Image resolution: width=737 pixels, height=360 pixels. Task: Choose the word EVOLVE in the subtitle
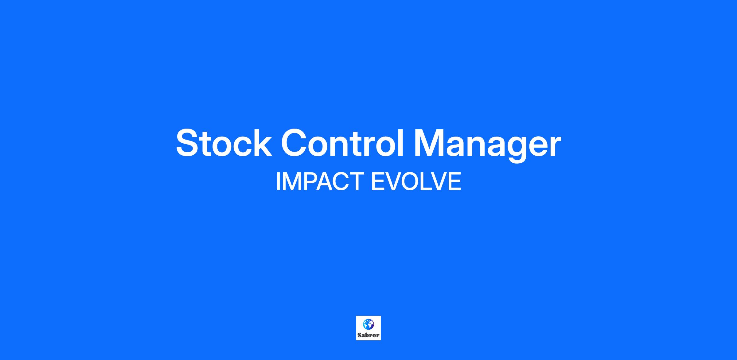click(416, 181)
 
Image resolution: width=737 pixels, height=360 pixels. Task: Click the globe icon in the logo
click(368, 324)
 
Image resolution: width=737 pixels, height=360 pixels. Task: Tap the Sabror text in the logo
click(368, 335)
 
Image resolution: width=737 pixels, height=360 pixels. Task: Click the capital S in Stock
click(188, 143)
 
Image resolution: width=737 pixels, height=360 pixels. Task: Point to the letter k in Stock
click(262, 143)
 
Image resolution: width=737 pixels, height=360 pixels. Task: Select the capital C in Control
click(295, 143)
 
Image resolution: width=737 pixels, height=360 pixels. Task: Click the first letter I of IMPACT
click(278, 181)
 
